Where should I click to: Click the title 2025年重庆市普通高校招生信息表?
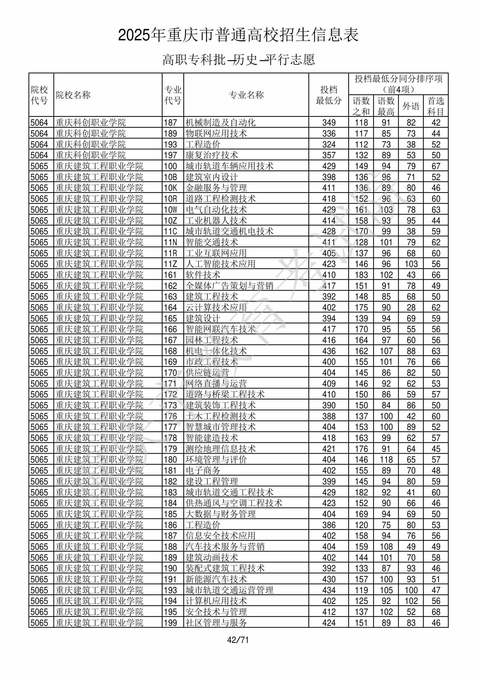[x=238, y=35]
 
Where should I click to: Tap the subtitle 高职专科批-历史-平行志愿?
[x=238, y=60]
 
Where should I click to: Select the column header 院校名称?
[x=73, y=95]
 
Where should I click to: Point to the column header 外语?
[x=411, y=106]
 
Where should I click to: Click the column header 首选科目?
[x=436, y=106]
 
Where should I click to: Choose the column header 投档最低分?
[x=328, y=95]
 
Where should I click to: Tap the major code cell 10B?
[x=170, y=177]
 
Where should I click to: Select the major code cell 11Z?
[x=170, y=264]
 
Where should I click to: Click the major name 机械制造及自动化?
[x=220, y=123]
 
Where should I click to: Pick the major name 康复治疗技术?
[x=212, y=155]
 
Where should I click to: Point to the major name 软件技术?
[x=203, y=275]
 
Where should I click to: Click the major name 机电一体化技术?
[x=216, y=351]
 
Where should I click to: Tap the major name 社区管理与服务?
[x=216, y=623]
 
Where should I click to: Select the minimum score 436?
[x=329, y=351]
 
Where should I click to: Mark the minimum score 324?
[x=329, y=145]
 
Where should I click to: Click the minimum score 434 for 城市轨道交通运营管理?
[x=329, y=590]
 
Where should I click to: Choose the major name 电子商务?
[x=203, y=471]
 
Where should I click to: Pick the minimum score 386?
[x=329, y=525]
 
